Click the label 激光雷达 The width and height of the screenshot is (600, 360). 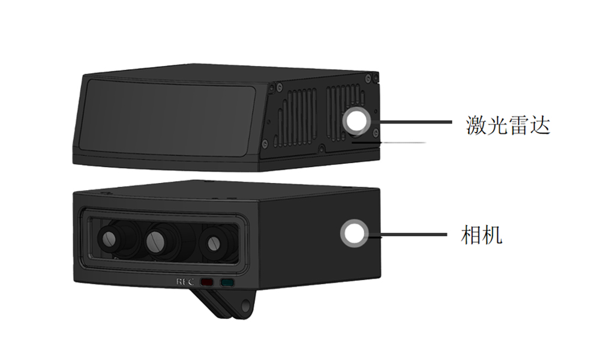(x=508, y=125)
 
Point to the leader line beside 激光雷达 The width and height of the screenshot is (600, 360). (x=414, y=122)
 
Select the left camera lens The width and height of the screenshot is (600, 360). (x=110, y=241)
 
